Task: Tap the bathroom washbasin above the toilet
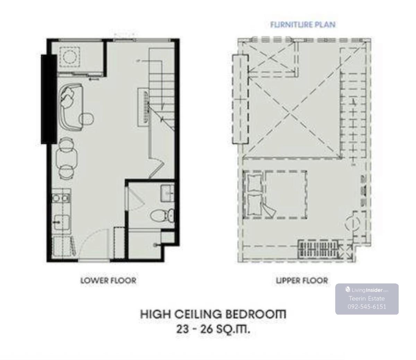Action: [167, 193]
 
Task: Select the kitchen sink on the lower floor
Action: [62, 222]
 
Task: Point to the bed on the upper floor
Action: [275, 195]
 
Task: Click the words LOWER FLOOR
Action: [108, 280]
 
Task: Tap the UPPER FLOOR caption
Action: [302, 280]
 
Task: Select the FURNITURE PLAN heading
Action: [303, 25]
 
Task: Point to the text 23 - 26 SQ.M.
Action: [213, 329]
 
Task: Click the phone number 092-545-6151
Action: [367, 307]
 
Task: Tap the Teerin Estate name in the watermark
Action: [367, 298]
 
